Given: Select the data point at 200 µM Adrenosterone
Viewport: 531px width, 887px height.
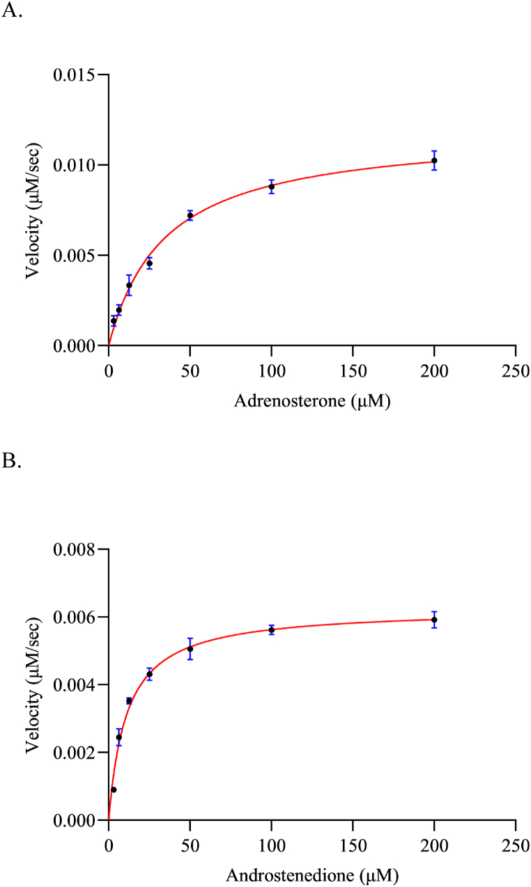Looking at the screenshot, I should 434,161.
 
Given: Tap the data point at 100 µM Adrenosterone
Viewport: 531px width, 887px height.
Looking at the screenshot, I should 272,187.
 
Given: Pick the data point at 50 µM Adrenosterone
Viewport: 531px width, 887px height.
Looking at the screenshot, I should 190,216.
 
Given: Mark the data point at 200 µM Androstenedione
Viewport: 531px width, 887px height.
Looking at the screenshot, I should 434,620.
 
